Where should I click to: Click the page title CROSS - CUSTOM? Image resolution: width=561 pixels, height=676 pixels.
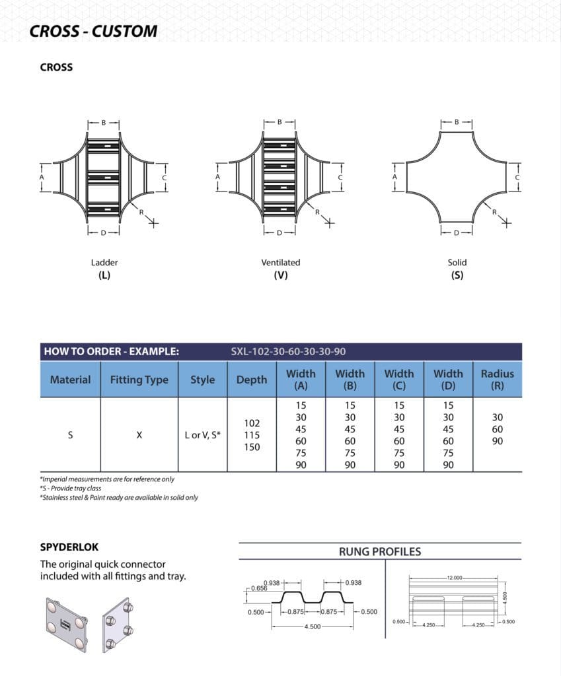(x=93, y=31)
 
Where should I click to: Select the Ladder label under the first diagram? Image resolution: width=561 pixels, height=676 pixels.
(x=104, y=262)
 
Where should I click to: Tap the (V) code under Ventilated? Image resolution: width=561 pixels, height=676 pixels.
(x=281, y=275)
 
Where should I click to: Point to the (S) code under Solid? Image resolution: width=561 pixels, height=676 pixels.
(x=457, y=275)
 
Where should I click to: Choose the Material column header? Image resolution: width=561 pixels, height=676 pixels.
(x=70, y=380)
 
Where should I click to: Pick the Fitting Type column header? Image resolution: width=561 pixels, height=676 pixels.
(x=139, y=380)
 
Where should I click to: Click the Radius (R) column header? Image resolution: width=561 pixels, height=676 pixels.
(x=497, y=380)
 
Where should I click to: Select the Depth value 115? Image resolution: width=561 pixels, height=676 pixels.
(x=252, y=435)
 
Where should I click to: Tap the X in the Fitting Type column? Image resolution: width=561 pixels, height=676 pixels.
(x=139, y=435)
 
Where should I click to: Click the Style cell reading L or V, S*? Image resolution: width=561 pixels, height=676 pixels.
(x=202, y=435)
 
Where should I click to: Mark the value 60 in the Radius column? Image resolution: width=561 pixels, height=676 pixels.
(x=498, y=429)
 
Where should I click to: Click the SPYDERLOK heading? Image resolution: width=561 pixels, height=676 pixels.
(x=69, y=547)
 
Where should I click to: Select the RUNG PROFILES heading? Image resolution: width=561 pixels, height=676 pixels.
(x=379, y=552)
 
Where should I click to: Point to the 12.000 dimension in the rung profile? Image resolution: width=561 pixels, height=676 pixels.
(x=455, y=577)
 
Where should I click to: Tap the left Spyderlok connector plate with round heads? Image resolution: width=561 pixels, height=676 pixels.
(x=65, y=624)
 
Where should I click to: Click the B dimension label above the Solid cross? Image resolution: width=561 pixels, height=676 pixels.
(x=457, y=122)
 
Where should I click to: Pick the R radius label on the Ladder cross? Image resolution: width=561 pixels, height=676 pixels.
(x=141, y=212)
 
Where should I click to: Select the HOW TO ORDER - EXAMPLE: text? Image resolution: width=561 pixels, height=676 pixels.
(x=111, y=352)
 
